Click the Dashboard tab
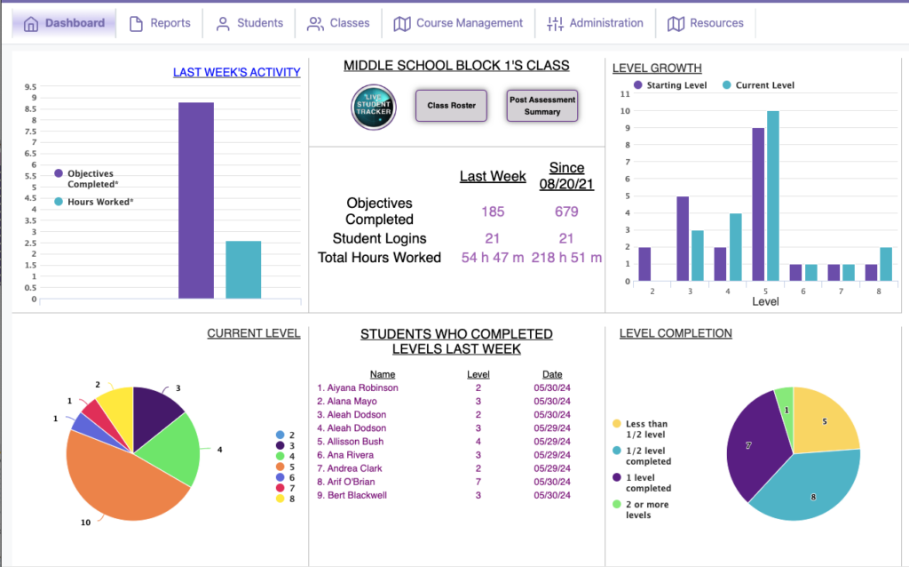[64, 23]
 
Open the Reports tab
[160, 23]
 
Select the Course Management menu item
[458, 23]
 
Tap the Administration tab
[595, 23]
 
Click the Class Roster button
[451, 106]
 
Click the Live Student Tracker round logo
[374, 107]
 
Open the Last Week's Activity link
[236, 72]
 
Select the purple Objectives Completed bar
[196, 200]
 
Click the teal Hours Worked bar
[243, 269]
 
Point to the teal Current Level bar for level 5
[773, 196]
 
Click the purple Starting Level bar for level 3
[683, 238]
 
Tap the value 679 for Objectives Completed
[566, 212]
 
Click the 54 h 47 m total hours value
[493, 258]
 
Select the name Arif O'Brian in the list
[352, 482]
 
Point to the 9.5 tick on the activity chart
[31, 87]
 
